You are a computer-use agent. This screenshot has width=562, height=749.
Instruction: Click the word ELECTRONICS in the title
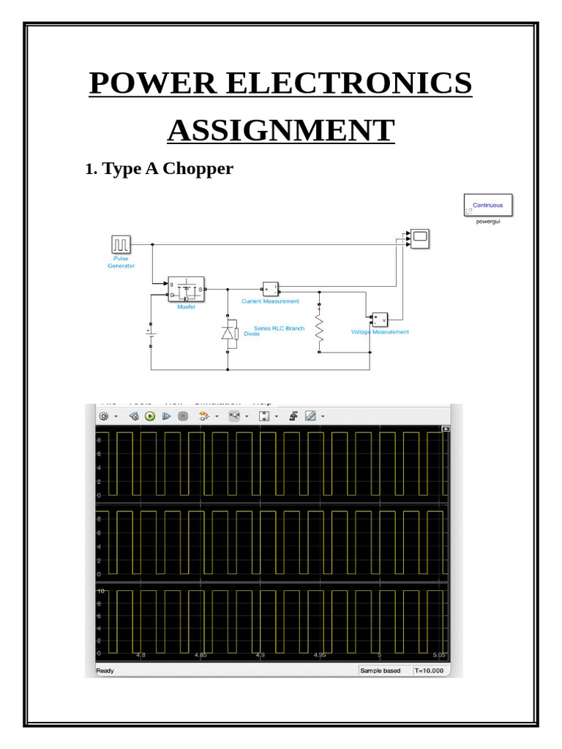tap(349, 83)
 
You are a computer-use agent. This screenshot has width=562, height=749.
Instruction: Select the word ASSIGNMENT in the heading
tap(280, 130)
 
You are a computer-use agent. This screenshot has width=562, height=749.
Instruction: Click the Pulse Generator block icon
tap(121, 244)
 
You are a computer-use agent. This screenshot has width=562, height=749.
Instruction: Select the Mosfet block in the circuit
tap(186, 290)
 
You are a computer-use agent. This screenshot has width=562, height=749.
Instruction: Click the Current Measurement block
tap(271, 288)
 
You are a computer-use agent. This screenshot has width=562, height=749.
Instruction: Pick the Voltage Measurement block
tap(379, 320)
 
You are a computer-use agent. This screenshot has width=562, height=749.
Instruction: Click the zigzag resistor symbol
tap(319, 328)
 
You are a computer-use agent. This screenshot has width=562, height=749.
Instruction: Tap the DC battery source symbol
tap(150, 334)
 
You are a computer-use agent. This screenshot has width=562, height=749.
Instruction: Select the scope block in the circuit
tap(420, 238)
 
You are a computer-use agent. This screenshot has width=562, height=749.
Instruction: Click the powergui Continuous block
tap(488, 205)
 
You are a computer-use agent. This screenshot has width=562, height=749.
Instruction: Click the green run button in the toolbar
tap(150, 416)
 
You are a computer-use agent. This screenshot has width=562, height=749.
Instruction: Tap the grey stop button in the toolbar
tap(183, 416)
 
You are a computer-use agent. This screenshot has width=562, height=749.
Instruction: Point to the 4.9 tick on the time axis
tap(260, 655)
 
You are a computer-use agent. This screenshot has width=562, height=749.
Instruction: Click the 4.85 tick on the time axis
tap(200, 655)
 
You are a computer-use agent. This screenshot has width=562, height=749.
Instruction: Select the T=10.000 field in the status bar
tap(430, 670)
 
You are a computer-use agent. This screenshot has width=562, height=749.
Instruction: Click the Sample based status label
tap(381, 670)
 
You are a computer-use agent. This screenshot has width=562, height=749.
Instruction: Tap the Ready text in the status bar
tap(106, 670)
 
